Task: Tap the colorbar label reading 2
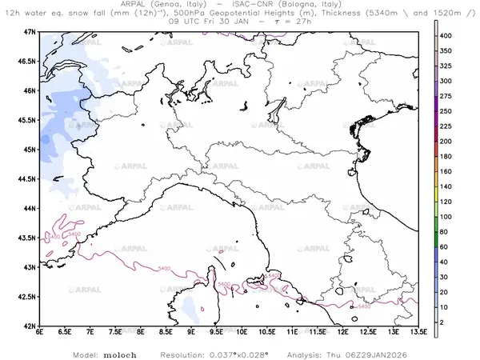tap(450, 322)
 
